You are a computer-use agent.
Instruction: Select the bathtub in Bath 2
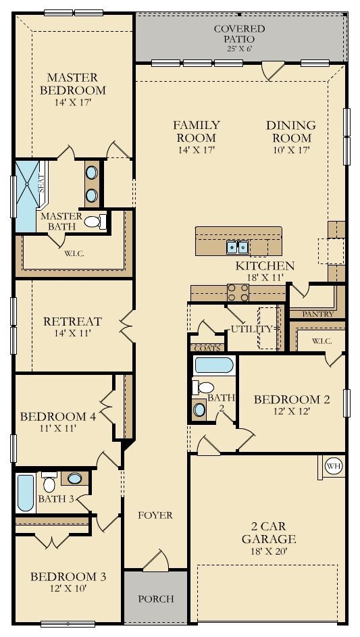coord(214,365)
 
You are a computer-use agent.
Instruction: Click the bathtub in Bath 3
coord(26,493)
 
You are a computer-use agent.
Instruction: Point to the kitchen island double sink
coord(237,247)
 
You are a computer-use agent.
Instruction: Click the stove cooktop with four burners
coord(238,292)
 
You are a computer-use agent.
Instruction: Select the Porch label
coord(156,598)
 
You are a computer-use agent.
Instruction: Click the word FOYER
coord(155,515)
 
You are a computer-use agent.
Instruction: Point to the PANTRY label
coord(317,313)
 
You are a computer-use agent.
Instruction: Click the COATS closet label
coord(207,348)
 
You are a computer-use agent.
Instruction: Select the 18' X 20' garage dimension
coord(269,551)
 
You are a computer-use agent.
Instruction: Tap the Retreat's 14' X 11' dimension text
coord(72,334)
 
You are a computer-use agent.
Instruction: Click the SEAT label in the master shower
coord(41,184)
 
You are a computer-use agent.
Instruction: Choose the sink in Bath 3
coord(75,478)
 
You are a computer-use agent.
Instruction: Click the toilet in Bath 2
coord(203,388)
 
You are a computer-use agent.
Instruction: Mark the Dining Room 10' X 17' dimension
coord(291,150)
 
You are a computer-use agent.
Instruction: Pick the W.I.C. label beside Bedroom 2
coord(322,341)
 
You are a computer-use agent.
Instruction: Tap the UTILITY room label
coord(251,329)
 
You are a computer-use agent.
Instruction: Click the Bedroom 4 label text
coord(58,416)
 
